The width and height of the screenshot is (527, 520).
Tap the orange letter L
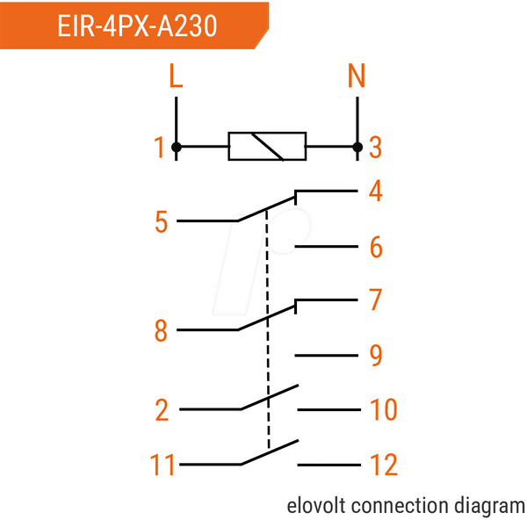coord(176,76)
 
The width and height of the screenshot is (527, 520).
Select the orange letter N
coord(357,76)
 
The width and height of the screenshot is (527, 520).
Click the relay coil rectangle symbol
coord(267,147)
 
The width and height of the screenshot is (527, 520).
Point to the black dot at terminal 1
coord(177,148)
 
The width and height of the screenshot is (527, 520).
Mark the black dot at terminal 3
coord(357,148)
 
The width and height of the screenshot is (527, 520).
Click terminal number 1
coord(159,148)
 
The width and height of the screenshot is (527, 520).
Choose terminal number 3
coord(375,148)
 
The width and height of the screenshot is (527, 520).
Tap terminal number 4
coord(376,191)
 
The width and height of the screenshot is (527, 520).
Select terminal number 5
coord(161,221)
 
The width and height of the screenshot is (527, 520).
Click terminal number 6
coord(376,247)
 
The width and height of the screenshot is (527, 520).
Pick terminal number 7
coord(376,300)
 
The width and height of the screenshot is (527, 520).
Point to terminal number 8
coord(161,330)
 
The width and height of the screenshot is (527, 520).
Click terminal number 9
coord(376,355)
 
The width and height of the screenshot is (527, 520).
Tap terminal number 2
coord(162,410)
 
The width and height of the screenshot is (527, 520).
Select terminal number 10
coord(384,409)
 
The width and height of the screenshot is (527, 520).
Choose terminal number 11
coord(162,465)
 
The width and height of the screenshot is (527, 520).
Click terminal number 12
coord(384,465)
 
